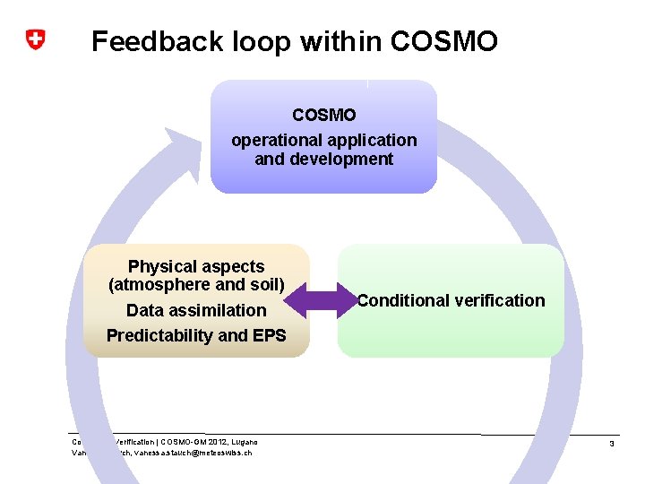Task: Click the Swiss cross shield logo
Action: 35,40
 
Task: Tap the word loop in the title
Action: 262,41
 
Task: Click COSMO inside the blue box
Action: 323,116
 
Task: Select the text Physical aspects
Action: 196,267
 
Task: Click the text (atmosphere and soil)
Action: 196,286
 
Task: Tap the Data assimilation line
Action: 196,311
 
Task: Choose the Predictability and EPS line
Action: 196,336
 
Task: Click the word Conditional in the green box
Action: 400,301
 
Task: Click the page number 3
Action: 611,445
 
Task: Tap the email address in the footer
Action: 193,453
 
